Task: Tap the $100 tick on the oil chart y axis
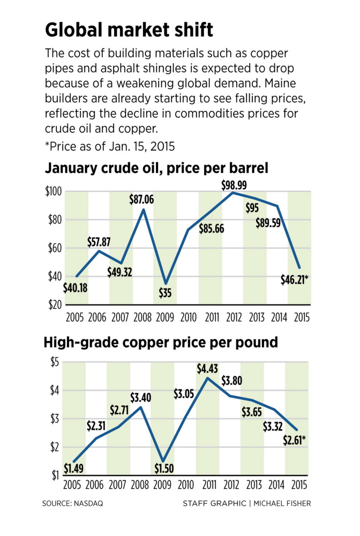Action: pyautogui.click(x=52, y=191)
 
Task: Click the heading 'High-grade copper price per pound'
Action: pyautogui.click(x=161, y=342)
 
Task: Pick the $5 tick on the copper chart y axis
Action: pyautogui.click(x=54, y=362)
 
